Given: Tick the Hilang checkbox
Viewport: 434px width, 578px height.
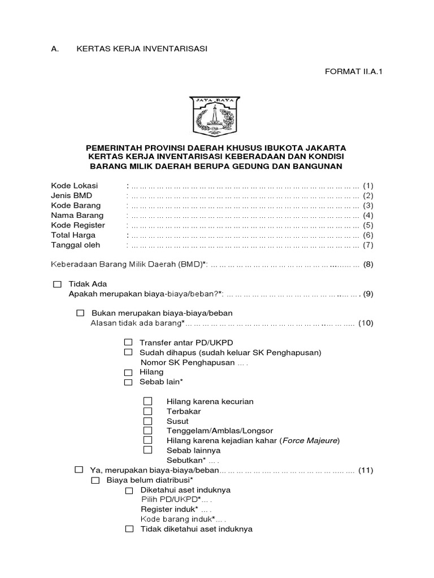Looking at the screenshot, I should click(128, 372).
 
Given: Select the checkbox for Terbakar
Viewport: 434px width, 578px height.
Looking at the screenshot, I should click(148, 411).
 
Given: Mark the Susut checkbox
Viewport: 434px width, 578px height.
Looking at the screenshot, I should click(148, 421).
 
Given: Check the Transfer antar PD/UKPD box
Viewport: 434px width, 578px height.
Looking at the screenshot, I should click(128, 343).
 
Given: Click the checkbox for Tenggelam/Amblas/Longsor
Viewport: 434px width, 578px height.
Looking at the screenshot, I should click(148, 431).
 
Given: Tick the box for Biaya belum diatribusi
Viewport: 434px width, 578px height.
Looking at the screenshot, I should click(96, 480).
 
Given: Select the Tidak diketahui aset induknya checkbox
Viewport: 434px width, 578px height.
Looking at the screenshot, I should click(129, 529).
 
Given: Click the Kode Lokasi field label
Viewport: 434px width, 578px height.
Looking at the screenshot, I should click(74, 186).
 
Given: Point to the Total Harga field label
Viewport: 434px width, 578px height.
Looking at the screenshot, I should click(73, 235).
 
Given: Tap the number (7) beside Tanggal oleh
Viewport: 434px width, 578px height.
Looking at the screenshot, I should click(368, 245).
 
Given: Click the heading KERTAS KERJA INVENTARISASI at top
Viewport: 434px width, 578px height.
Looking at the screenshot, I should click(142, 49).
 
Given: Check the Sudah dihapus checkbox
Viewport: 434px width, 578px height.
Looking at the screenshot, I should click(128, 352).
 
